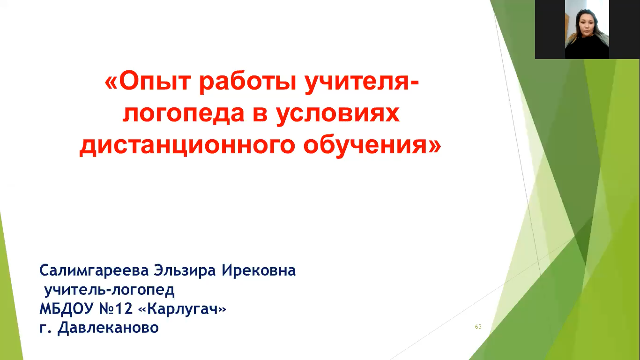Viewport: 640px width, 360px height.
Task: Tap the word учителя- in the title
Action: [361, 82]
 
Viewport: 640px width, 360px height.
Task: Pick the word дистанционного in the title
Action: [187, 146]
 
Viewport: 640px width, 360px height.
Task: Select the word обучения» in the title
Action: [372, 145]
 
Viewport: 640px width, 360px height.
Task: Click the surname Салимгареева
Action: [94, 271]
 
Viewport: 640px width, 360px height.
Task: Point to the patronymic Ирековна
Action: [259, 270]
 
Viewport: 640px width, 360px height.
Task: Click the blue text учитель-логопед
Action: [110, 290]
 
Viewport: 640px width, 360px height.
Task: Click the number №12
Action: [116, 309]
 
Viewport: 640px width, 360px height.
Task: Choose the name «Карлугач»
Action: [182, 309]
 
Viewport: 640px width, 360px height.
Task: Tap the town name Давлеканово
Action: [108, 328]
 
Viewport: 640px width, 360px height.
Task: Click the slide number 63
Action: [478, 327]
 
